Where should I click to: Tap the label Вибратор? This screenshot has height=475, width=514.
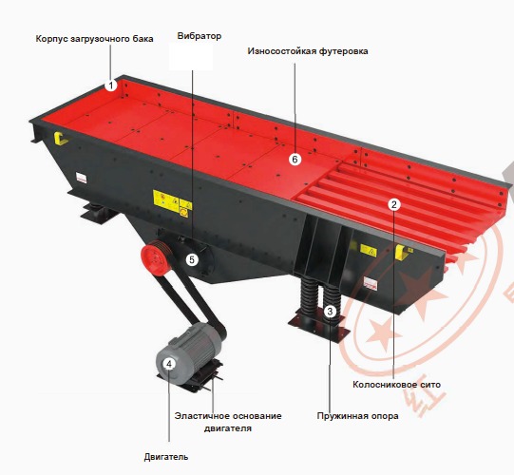199,36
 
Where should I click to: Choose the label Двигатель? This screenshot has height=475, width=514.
166,456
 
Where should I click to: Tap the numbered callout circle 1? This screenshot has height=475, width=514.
111,85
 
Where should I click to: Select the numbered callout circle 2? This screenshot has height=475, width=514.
395,203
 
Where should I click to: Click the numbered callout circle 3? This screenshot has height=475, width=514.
330,311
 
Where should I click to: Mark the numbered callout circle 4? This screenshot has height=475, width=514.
168,363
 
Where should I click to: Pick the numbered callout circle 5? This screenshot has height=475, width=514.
192,258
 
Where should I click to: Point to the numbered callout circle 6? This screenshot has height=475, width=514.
295,159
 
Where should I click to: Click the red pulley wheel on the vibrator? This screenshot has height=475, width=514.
153,257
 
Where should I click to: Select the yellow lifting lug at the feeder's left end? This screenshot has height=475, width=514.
62,139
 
